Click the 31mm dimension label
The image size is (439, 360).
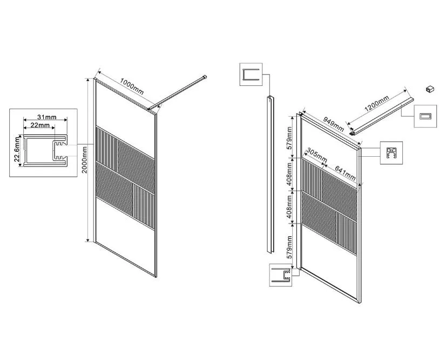(47, 117)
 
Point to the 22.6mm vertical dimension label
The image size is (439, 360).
(17, 151)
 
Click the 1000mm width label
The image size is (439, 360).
(132, 86)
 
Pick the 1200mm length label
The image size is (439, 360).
(377, 104)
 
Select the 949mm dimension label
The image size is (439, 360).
(334, 124)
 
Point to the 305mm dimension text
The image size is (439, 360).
(316, 155)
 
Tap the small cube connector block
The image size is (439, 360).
(430, 89)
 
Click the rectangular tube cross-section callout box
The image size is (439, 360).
(426, 116)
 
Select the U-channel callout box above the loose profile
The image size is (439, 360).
(251, 74)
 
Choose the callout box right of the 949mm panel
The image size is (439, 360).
(391, 153)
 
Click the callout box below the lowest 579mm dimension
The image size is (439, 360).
(281, 275)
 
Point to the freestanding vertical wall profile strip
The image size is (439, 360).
(270, 175)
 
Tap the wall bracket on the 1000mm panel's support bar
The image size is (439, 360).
(205, 77)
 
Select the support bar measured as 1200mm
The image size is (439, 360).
(382, 116)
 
